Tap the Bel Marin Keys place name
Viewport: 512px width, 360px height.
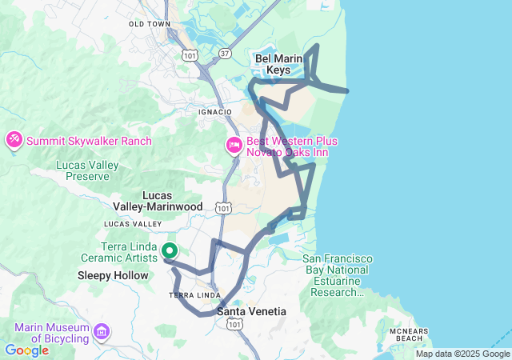[278, 64]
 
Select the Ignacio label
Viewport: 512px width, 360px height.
[214, 111]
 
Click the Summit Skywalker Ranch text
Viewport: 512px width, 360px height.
[89, 141]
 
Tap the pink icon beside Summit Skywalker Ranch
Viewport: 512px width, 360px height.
[14, 141]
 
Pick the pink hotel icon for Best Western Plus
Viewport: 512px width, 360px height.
[234, 145]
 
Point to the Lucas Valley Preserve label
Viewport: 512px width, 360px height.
[87, 170]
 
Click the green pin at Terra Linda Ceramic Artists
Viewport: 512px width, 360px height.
[170, 250]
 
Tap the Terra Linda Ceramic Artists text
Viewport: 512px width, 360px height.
[120, 252]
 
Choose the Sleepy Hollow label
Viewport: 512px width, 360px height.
[113, 275]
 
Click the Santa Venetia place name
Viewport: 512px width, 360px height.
[251, 310]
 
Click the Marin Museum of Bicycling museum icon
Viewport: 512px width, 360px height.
[102, 330]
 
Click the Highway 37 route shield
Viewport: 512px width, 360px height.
[225, 53]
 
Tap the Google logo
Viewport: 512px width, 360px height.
[26, 350]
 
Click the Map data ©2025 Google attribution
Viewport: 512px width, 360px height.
[462, 354]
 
